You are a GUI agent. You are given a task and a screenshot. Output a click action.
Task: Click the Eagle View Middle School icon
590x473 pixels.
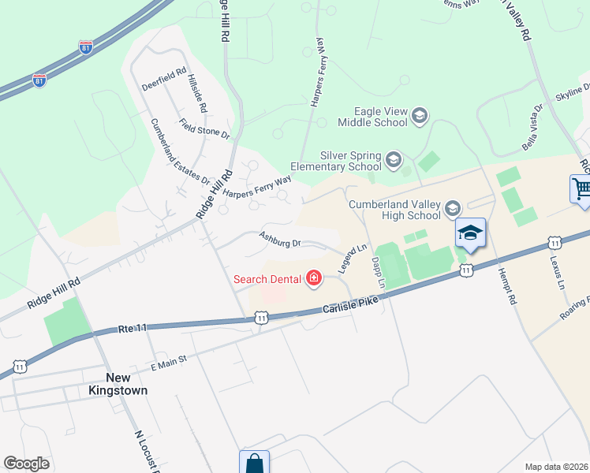click(x=419, y=116)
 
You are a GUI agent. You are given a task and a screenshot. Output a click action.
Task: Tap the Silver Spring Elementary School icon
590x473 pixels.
click(x=392, y=162)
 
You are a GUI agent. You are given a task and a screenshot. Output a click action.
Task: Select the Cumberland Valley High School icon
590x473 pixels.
click(x=452, y=209)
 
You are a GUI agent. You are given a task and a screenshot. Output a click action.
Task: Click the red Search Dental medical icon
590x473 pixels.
click(x=314, y=277)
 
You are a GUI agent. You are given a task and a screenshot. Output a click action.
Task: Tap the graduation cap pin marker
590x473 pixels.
click(x=471, y=233)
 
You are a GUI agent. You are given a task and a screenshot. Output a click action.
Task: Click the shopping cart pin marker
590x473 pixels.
click(x=581, y=190)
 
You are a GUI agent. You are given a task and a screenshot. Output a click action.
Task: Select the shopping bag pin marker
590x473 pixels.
click(x=255, y=463)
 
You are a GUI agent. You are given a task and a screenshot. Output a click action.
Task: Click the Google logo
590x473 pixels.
click(x=26, y=464)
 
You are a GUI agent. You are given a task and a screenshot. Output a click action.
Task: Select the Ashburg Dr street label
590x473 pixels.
click(x=280, y=238)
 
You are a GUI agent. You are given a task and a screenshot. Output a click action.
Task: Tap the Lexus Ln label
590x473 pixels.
click(x=558, y=268)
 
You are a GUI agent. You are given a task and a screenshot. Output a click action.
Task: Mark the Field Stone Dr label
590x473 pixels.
click(x=204, y=128)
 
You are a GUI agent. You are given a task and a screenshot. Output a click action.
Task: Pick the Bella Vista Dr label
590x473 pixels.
click(x=533, y=129)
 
